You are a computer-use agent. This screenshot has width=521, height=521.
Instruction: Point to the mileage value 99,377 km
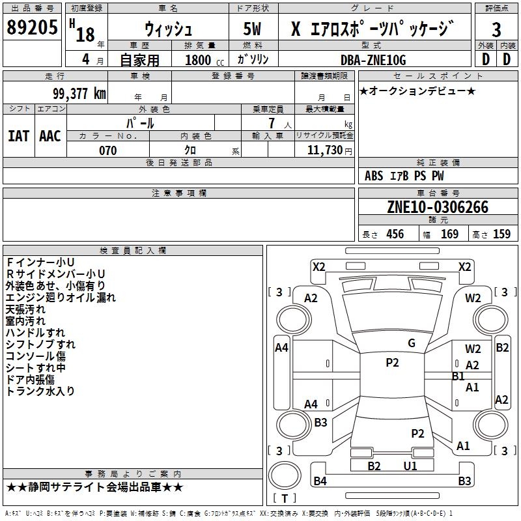(x=78, y=93)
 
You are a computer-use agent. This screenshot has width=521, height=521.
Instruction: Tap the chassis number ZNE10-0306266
(x=437, y=207)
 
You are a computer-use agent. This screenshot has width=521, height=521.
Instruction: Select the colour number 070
(x=107, y=150)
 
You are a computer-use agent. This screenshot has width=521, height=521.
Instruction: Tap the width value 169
(x=449, y=234)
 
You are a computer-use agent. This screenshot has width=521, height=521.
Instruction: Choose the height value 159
(x=501, y=234)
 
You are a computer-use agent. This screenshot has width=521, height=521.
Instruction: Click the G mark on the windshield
(x=412, y=343)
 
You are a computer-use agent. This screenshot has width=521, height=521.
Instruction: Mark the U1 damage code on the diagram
(x=410, y=466)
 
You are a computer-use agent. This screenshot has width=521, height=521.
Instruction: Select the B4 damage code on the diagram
(x=320, y=481)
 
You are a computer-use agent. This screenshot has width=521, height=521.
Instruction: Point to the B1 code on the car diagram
(x=458, y=376)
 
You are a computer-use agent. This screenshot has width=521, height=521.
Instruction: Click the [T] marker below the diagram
(x=284, y=498)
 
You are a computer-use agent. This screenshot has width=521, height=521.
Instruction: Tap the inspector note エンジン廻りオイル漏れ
(x=61, y=298)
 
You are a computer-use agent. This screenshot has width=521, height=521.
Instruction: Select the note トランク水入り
(x=40, y=391)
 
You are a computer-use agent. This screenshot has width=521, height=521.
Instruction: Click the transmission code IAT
(x=18, y=135)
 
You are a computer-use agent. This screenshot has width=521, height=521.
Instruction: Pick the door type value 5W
(x=252, y=29)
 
